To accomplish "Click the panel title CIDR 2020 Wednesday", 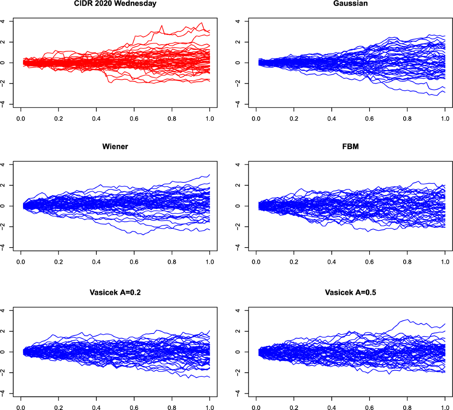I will [115, 4].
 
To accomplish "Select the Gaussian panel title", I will [350, 4].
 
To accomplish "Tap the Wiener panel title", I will [115, 147].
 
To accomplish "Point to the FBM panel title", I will [350, 147].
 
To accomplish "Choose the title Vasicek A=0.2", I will [115, 292].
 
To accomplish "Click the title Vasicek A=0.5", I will [350, 292].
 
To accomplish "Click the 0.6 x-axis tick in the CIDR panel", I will [134, 119].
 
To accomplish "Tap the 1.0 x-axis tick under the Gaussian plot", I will [445, 119].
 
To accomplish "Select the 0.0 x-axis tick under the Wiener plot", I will [21, 262].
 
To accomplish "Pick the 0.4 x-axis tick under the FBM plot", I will [332, 262].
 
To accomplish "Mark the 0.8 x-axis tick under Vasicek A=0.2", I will [172, 407].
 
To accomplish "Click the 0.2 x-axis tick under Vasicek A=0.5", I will [294, 407].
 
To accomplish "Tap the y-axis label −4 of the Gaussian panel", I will [238, 104].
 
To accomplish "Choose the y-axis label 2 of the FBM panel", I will [238, 185].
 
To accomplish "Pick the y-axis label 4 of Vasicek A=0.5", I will [238, 311].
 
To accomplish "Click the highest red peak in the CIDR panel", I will [202, 23].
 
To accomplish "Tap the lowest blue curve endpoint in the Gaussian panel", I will [445, 92].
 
